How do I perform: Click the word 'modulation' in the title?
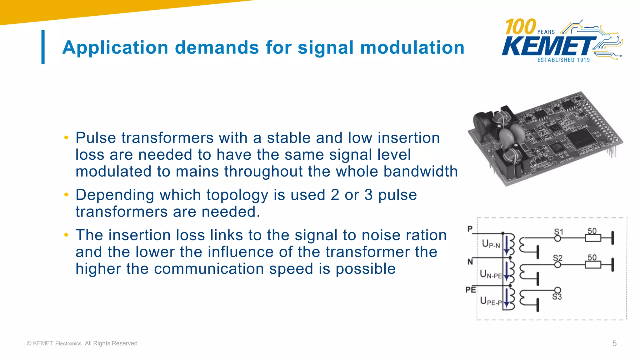coord(412,47)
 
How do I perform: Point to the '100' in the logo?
coord(520,27)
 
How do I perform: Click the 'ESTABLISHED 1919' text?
coord(563,60)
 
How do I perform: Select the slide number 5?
coord(614,343)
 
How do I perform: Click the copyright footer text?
coord(83,343)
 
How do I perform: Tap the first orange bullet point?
coord(66,138)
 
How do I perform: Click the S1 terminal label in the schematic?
coord(558,232)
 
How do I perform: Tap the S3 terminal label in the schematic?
coord(557,297)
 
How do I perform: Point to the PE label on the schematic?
coord(471,290)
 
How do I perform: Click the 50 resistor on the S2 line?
coord(593,265)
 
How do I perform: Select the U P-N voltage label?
coord(491,244)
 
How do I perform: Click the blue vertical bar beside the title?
coord(43,47)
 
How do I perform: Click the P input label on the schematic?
coord(470,229)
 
